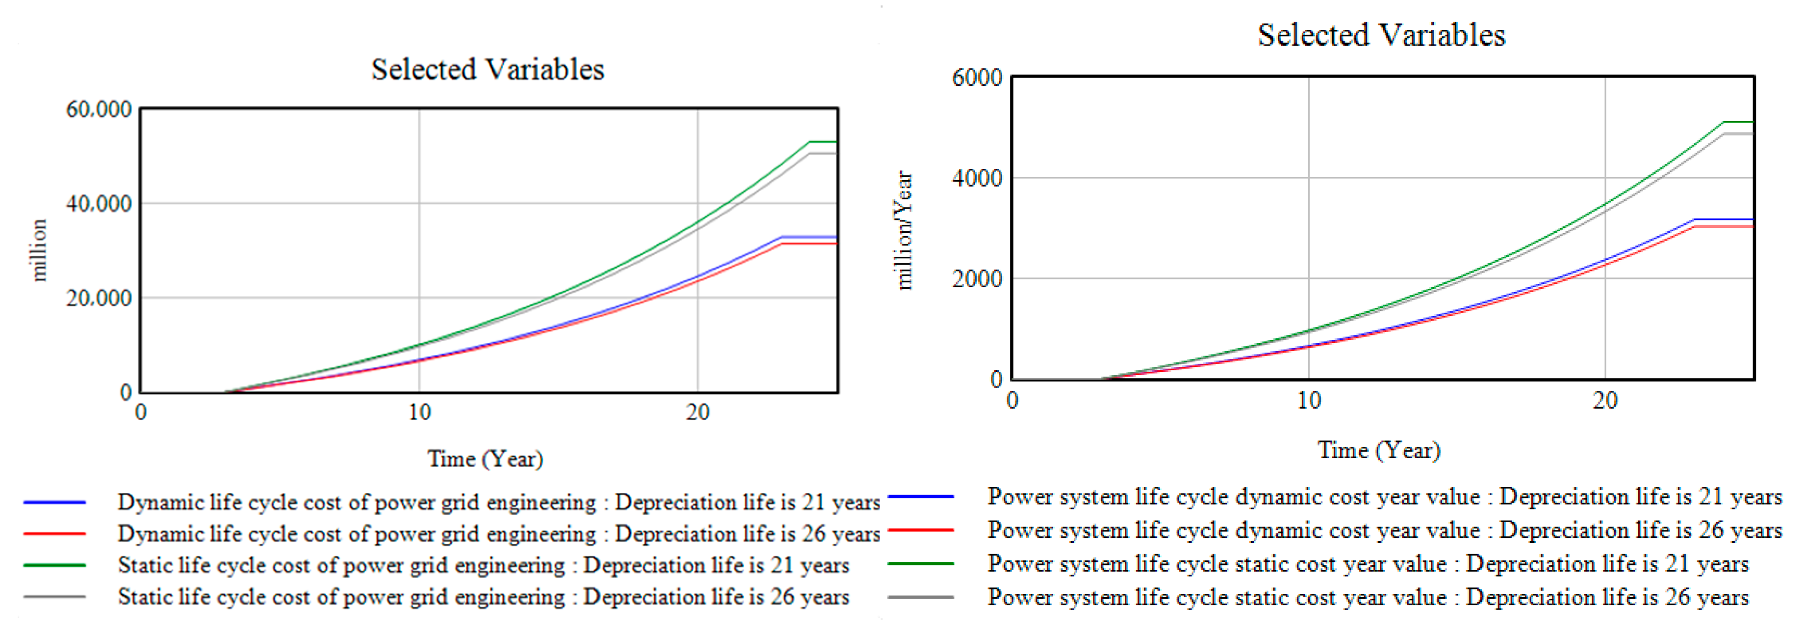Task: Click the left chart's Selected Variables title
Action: [487, 69]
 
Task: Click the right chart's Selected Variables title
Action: [1381, 35]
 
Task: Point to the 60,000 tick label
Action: [98, 110]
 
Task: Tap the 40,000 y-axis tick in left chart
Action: [98, 204]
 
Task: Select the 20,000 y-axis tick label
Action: [98, 299]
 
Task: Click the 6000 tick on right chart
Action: [977, 78]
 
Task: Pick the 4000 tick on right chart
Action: [977, 178]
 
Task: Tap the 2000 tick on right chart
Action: [977, 279]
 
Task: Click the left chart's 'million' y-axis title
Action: [39, 250]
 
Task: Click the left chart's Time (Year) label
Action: [485, 459]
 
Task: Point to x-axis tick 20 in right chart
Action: [1604, 400]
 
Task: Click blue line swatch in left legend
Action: [54, 502]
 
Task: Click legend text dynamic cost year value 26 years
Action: [1384, 530]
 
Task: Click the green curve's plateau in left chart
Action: [823, 142]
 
